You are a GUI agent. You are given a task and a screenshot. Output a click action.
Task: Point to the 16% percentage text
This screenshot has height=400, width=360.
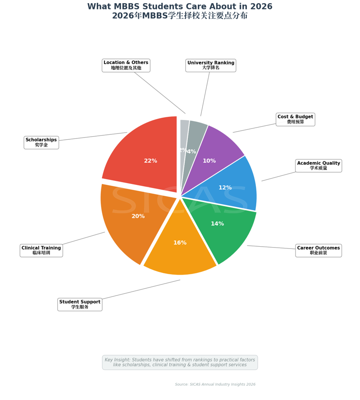click(x=180, y=243)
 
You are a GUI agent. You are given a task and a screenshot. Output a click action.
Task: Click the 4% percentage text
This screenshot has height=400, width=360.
click(x=192, y=152)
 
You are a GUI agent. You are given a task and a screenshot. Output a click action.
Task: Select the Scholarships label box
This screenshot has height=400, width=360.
click(x=41, y=143)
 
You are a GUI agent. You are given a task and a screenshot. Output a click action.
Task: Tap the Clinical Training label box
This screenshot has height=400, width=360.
click(x=41, y=251)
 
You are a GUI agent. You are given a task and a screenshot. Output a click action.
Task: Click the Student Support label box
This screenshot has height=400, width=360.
click(x=80, y=304)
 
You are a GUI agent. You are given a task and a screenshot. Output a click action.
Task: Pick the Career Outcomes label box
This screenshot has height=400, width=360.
click(x=319, y=251)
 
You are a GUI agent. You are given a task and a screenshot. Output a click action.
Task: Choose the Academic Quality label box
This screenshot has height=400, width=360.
click(x=319, y=166)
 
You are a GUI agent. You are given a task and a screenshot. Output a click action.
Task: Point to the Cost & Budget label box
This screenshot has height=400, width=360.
click(x=295, y=120)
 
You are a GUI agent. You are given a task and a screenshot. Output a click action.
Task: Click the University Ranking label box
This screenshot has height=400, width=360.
click(x=210, y=65)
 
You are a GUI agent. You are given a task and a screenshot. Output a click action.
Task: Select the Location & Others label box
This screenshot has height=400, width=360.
click(x=126, y=65)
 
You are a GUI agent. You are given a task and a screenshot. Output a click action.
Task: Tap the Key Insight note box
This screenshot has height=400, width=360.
click(x=180, y=362)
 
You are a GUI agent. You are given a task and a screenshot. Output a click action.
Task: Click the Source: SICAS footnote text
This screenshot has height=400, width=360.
click(x=215, y=384)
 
